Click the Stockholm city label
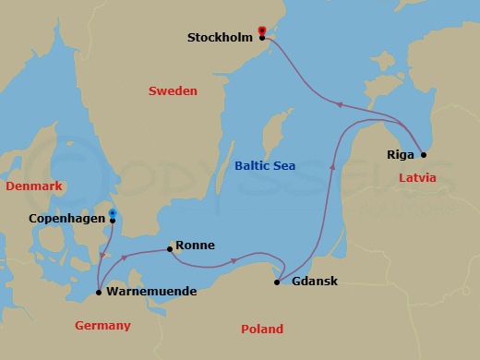click(221, 38)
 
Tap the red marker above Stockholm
click(262, 30)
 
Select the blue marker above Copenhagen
click(112, 213)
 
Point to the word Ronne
click(195, 246)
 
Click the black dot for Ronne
click(169, 248)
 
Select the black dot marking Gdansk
click(277, 282)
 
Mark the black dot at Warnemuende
click(99, 293)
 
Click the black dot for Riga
click(423, 154)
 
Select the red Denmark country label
click(33, 186)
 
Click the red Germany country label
click(102, 326)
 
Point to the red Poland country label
click(261, 330)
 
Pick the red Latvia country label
click(416, 176)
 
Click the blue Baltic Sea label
click(265, 166)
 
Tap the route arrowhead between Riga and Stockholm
click(336, 105)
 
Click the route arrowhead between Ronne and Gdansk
click(233, 260)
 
